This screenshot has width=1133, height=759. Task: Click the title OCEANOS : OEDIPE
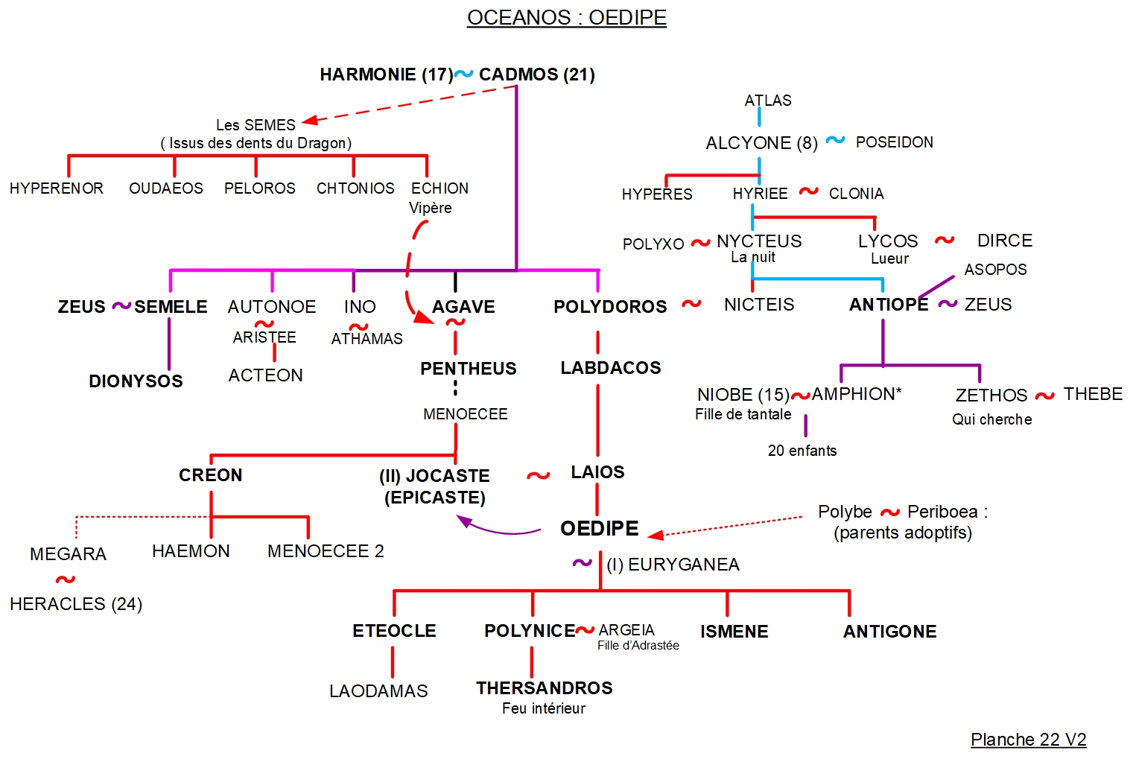pyautogui.click(x=566, y=17)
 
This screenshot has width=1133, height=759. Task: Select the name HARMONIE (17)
pyautogui.click(x=386, y=74)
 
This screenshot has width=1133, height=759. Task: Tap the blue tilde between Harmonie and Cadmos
pyautogui.click(x=463, y=74)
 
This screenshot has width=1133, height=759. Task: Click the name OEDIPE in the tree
pyautogui.click(x=599, y=528)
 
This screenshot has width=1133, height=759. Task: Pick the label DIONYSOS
pyautogui.click(x=136, y=381)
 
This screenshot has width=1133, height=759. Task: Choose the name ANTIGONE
pyautogui.click(x=889, y=632)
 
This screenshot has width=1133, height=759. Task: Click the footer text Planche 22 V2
pyautogui.click(x=1028, y=740)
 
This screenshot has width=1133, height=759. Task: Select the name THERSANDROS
pyautogui.click(x=545, y=688)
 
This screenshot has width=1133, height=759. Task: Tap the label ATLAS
pyautogui.click(x=768, y=101)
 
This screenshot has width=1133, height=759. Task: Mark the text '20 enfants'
pyautogui.click(x=802, y=451)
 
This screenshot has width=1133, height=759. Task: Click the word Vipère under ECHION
pyautogui.click(x=430, y=208)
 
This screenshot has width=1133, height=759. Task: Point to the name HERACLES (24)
pyautogui.click(x=76, y=604)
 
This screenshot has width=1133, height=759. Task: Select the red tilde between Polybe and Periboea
pyautogui.click(x=889, y=512)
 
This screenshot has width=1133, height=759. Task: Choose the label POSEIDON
pyautogui.click(x=894, y=142)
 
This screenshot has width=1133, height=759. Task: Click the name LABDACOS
pyautogui.click(x=611, y=368)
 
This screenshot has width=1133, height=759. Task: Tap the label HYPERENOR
pyautogui.click(x=57, y=188)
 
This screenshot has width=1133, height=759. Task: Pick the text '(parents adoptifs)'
pyautogui.click(x=902, y=533)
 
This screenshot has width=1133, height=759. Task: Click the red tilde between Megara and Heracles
pyautogui.click(x=66, y=579)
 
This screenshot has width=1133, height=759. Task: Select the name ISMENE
pyautogui.click(x=734, y=632)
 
